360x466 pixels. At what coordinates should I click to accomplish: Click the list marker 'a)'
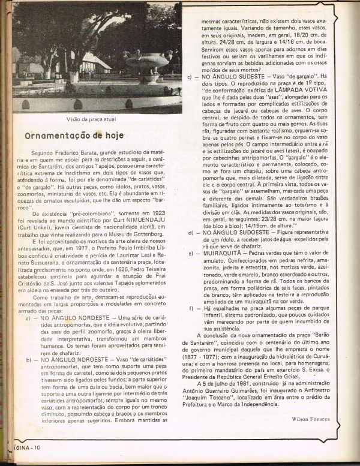tap(28, 318)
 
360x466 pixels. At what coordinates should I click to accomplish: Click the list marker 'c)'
tap(190, 77)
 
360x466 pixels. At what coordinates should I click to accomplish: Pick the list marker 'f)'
tap(190, 308)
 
